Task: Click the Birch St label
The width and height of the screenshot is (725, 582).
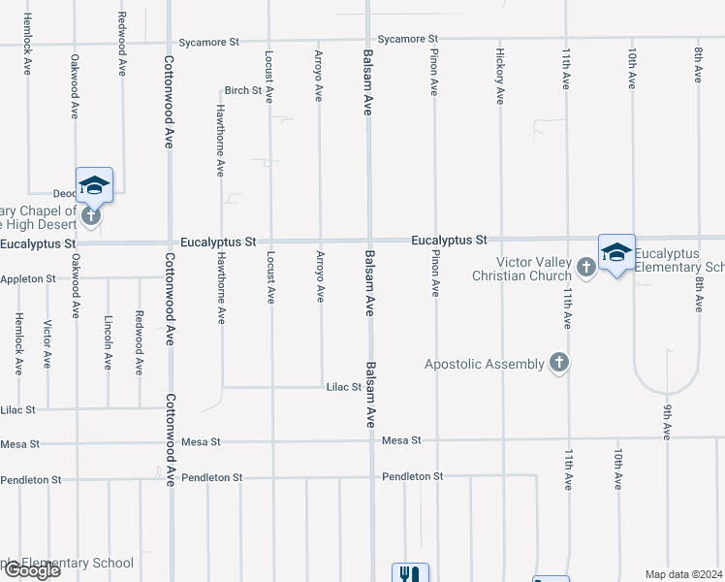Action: [242, 90]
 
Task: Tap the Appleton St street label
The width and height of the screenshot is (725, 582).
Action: [28, 278]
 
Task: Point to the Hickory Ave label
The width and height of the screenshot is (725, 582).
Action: [500, 76]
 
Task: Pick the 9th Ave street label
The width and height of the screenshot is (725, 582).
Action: [667, 422]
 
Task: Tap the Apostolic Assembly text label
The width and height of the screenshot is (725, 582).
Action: [485, 364]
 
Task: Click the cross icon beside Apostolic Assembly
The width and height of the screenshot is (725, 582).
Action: [557, 364]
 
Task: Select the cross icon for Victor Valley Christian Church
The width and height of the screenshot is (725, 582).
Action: [585, 266]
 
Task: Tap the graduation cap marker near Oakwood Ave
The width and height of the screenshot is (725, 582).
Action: [94, 184]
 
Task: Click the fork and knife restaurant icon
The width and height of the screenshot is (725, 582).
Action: [409, 574]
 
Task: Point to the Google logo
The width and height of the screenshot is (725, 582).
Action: [31, 570]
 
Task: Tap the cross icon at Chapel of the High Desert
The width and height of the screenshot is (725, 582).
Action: [91, 215]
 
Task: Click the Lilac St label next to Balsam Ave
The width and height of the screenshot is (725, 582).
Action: [344, 386]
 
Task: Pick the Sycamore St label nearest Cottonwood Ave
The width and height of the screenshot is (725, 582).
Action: [208, 43]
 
